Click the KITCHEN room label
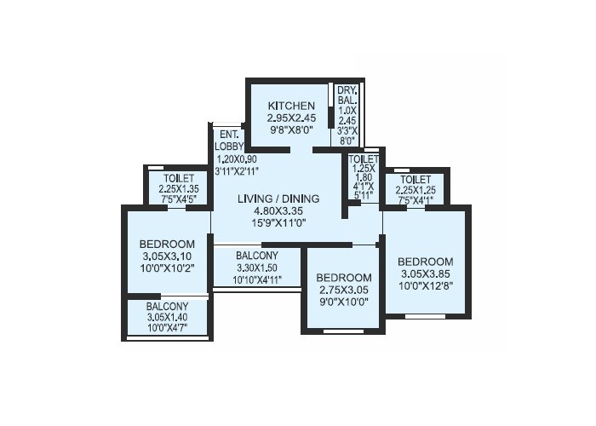tap(280, 105)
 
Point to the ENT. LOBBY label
tap(228, 140)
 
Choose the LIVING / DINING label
tap(278, 199)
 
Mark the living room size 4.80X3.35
tap(278, 210)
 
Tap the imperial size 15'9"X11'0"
tap(278, 222)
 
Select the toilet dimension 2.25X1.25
tap(416, 190)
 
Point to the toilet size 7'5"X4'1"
tap(416, 200)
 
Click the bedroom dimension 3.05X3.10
tap(167, 256)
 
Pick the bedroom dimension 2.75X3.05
tap(344, 290)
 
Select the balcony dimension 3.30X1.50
tap(257, 268)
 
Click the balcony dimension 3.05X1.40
tap(167, 317)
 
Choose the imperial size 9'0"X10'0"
tap(344, 301)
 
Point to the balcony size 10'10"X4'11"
tap(257, 279)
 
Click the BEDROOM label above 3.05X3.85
tap(425, 261)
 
